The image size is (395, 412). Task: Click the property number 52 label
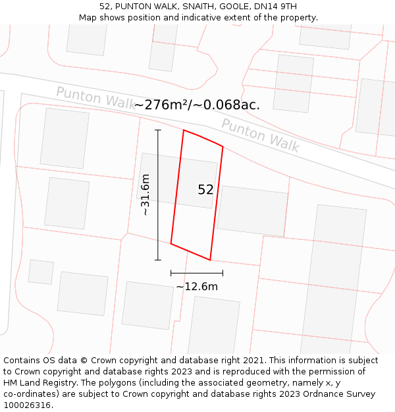(205, 190)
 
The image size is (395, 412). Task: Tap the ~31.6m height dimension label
(145, 195)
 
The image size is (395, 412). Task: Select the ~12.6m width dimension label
(197, 286)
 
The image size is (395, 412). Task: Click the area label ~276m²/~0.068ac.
(197, 104)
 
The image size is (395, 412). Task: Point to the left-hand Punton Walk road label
(95, 98)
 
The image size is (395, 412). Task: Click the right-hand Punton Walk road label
(260, 135)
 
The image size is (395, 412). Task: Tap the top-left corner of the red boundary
(184, 131)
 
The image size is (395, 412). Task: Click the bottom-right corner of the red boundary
(210, 260)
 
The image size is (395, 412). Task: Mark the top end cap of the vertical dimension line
(158, 131)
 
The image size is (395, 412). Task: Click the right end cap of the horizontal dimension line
(223, 272)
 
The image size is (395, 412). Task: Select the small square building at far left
(41, 272)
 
